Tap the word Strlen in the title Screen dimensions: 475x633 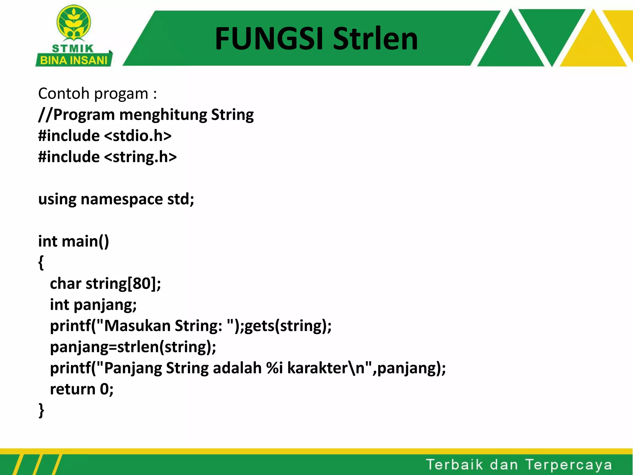375,39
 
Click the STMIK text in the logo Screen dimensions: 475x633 73,49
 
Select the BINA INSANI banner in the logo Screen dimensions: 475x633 74,60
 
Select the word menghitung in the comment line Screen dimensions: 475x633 163,115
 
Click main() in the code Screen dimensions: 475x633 85,241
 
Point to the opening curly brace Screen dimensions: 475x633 41,263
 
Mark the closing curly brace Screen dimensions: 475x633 41,410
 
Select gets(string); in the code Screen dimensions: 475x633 288,326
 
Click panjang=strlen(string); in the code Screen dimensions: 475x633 133,347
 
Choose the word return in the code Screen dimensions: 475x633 73,389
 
